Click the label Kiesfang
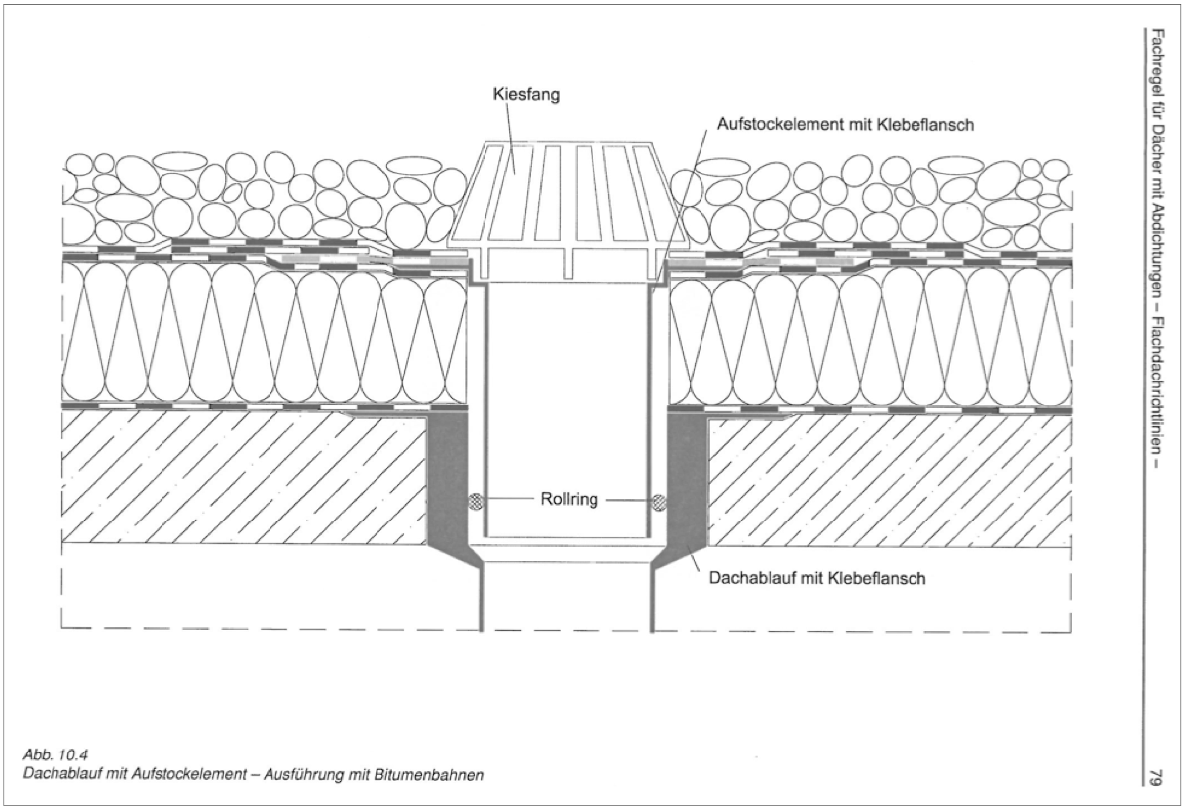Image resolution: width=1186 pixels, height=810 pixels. click(521, 96)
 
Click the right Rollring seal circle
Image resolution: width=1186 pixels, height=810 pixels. click(659, 502)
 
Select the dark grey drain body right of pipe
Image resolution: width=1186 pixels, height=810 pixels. click(687, 476)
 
